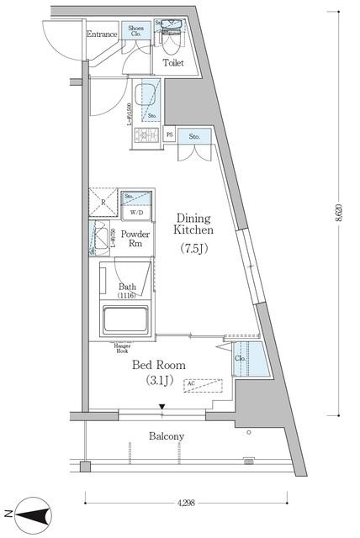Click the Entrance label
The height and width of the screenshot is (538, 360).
(x=102, y=34)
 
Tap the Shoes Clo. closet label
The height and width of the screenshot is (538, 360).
(x=137, y=32)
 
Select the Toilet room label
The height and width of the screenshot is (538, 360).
(x=173, y=62)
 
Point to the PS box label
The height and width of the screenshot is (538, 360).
(x=169, y=134)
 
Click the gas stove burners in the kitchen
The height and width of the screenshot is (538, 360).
(x=144, y=134)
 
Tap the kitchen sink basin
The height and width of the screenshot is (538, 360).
(x=145, y=94)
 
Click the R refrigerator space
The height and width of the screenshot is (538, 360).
(x=103, y=203)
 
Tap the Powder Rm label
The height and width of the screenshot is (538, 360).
(x=135, y=239)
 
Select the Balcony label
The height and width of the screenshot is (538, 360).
(x=167, y=436)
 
